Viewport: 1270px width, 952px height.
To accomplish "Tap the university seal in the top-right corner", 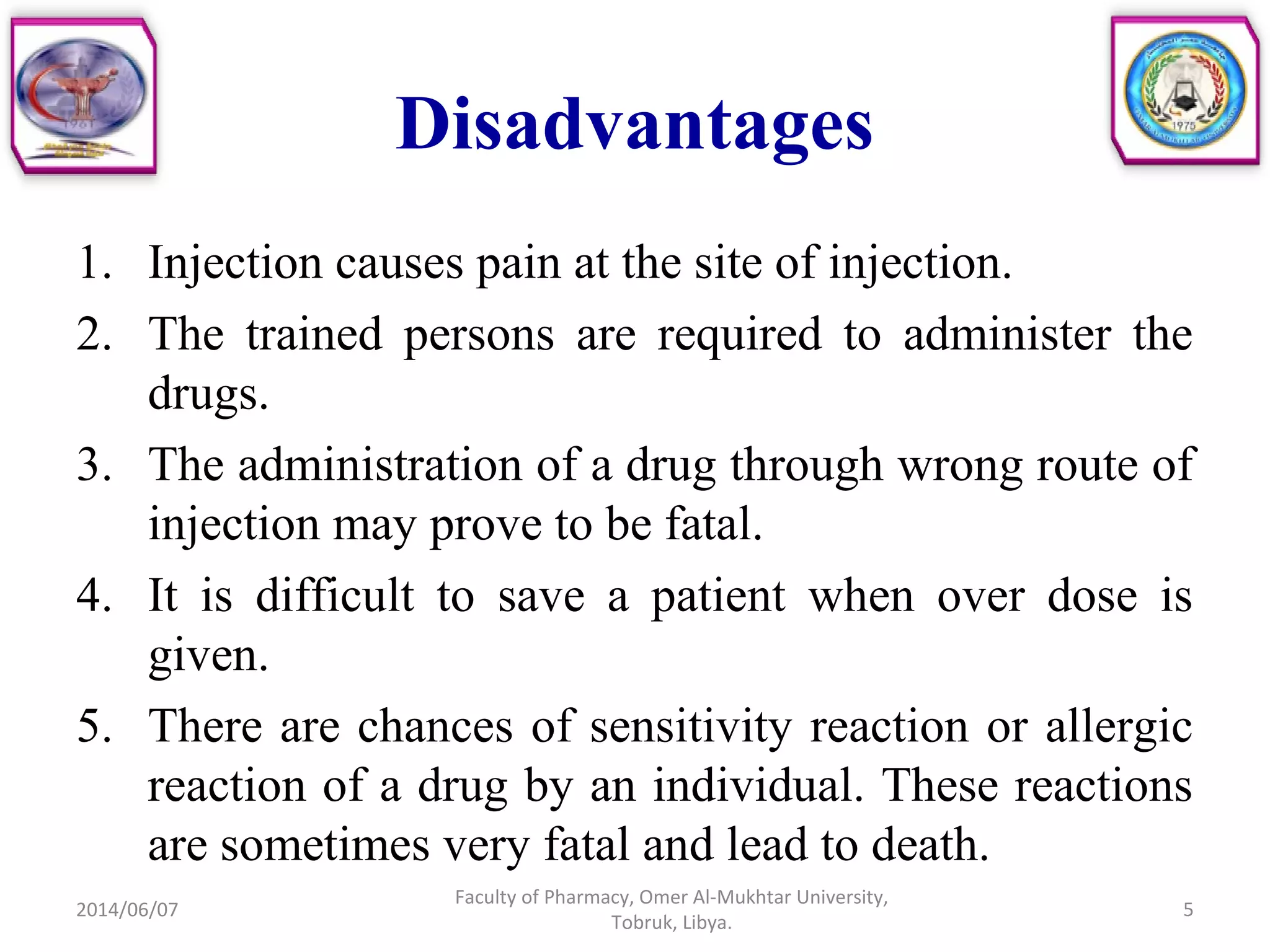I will pyautogui.click(x=1185, y=90).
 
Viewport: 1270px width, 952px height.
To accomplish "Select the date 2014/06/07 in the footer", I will pyautogui.click(x=127, y=909).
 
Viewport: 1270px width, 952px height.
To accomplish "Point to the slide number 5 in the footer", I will pyautogui.click(x=1188, y=909).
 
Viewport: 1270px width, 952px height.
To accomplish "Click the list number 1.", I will pyautogui.click(x=93, y=263).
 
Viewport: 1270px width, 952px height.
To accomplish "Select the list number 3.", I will pyautogui.click(x=93, y=464).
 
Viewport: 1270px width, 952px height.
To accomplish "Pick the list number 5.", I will pyautogui.click(x=93, y=726).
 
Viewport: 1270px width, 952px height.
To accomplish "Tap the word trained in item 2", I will pyautogui.click(x=314, y=334).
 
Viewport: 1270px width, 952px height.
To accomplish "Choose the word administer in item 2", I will pyautogui.click(x=1006, y=334).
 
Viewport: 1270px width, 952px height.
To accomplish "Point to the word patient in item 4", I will pyautogui.click(x=718, y=596).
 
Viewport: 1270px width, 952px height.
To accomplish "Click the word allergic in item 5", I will pyautogui.click(x=1118, y=726).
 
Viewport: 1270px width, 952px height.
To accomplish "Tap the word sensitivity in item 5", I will pyautogui.click(x=691, y=726).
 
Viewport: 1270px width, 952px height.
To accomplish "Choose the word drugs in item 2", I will pyautogui.click(x=207, y=394).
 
